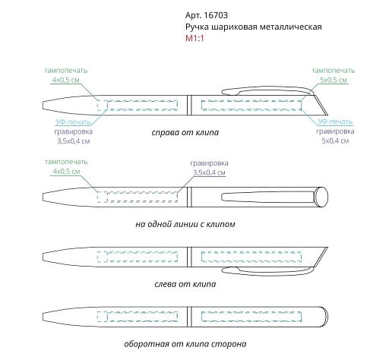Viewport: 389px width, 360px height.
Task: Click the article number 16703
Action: [x=216, y=15]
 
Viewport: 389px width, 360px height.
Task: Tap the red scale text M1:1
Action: [x=194, y=39]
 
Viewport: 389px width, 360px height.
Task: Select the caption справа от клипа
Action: [x=185, y=132]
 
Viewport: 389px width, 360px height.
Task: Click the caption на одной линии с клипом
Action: [x=185, y=224]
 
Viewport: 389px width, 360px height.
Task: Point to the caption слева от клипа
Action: [x=185, y=284]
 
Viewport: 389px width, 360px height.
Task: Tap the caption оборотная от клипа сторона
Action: [x=185, y=344]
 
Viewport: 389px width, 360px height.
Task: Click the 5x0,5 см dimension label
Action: [x=334, y=80]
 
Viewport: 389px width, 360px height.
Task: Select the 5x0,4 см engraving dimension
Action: [x=335, y=141]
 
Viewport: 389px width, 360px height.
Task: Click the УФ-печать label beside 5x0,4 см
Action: [x=335, y=122]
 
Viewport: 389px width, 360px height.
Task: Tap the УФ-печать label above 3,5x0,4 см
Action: [x=73, y=122]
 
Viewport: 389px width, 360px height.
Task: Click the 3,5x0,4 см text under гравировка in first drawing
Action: [x=74, y=141]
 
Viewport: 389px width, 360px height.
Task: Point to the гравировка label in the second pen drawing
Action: [x=209, y=163]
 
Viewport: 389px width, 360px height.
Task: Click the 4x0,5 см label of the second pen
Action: [x=66, y=172]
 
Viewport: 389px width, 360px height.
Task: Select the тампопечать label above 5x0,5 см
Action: [x=334, y=71]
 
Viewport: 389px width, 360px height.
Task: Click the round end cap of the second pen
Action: [x=321, y=197]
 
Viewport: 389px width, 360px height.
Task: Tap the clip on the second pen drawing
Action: [x=268, y=197]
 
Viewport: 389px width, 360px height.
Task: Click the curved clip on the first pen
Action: [x=268, y=90]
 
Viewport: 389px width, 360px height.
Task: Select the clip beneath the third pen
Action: [x=268, y=271]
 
